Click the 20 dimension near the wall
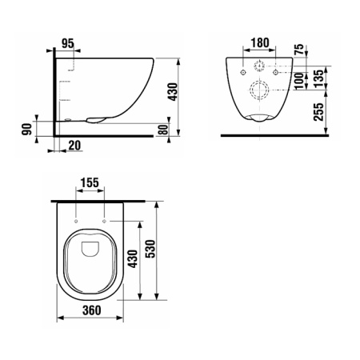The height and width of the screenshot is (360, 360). [74, 145]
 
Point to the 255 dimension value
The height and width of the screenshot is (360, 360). [318, 111]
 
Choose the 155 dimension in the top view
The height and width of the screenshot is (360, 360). [90, 182]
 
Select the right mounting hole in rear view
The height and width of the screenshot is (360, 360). [275, 72]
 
